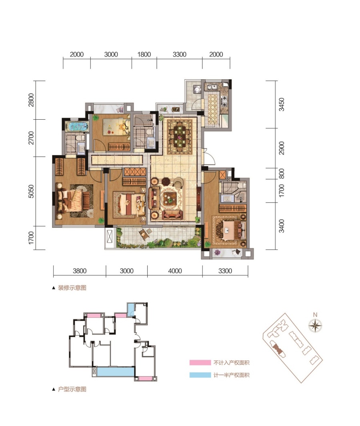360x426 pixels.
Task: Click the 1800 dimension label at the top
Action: point(144,54)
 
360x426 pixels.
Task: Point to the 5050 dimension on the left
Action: point(31,191)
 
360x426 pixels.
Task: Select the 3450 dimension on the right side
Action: point(282,104)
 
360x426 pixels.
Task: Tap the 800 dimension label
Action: point(282,174)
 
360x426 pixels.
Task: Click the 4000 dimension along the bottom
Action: point(175,271)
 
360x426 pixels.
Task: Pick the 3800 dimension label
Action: point(80,271)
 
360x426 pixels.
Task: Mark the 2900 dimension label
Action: point(282,148)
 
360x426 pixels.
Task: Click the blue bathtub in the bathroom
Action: point(77,127)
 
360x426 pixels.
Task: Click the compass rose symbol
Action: point(315,325)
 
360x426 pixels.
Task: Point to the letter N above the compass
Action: point(315,315)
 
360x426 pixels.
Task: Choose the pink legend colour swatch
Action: point(200,362)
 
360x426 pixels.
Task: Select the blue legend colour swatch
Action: point(200,375)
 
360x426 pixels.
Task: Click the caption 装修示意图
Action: point(72,288)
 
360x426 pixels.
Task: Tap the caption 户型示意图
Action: point(72,389)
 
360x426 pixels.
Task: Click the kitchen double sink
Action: point(211,87)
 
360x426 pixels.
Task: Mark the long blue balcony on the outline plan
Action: point(116,372)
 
